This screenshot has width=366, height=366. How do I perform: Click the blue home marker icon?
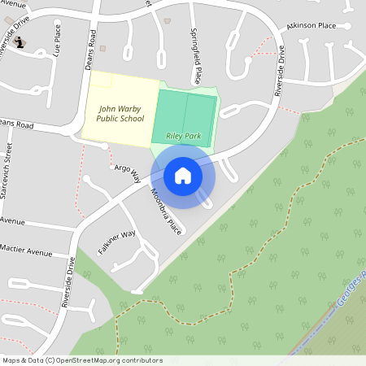183,175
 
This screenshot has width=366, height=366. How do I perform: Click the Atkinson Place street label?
310,26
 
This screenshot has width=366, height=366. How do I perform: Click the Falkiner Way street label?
116,242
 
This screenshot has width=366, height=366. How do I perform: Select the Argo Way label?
127,172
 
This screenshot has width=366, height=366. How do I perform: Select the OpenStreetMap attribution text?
82,359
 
